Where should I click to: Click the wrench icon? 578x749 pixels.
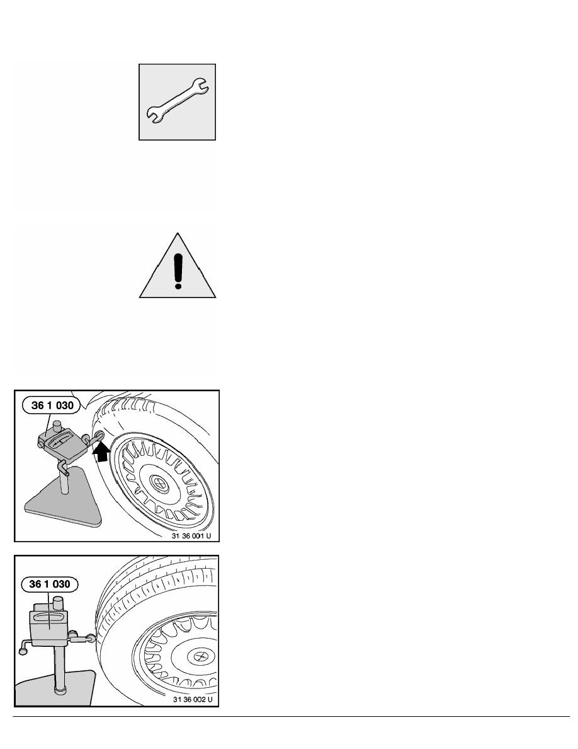[178, 100]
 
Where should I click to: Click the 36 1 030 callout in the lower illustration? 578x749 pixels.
[51, 584]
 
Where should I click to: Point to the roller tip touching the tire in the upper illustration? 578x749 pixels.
[99, 436]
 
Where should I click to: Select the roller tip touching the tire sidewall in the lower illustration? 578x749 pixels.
[93, 639]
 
